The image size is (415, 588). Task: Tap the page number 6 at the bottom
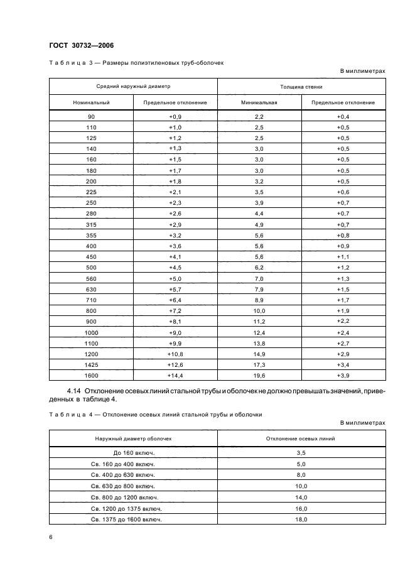51,536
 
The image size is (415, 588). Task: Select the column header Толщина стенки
301,86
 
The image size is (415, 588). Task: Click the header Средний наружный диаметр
133,86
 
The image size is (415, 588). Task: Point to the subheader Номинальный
91,102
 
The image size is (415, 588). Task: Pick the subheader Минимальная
259,102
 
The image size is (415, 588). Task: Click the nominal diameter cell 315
91,224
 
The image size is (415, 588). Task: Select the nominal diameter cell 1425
91,364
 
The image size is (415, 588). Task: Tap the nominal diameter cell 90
91,117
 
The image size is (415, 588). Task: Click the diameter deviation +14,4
175,375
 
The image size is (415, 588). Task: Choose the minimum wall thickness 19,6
259,375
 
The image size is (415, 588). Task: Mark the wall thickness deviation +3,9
343,375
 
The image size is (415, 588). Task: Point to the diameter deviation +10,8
175,354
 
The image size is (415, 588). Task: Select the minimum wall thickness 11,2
259,321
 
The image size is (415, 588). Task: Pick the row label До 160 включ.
133,452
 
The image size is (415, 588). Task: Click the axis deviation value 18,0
301,520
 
